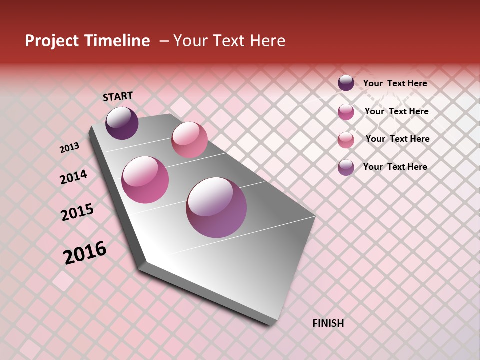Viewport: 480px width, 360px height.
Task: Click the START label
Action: tap(118, 96)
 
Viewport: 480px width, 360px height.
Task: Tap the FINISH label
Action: tap(328, 323)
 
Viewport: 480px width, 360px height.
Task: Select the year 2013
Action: tap(69, 147)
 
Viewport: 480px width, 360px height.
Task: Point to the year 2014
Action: tap(73, 177)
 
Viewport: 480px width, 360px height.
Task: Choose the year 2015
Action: tap(77, 212)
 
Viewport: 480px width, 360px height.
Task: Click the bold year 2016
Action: tap(85, 253)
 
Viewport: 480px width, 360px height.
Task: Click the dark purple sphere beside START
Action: tap(122, 123)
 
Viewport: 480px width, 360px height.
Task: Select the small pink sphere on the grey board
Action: tap(189, 140)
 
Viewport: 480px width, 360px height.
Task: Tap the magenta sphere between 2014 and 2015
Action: tap(145, 180)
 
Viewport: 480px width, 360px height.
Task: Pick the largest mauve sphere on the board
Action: tap(216, 207)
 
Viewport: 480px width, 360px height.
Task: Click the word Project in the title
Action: tap(52, 41)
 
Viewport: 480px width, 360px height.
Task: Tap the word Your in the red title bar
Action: tap(190, 41)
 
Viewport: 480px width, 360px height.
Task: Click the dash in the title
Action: tap(163, 41)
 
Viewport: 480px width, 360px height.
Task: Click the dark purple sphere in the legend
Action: tap(346, 83)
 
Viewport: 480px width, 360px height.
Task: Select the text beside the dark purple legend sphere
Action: tap(395, 83)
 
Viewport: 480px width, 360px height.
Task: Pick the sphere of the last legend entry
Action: tap(346, 167)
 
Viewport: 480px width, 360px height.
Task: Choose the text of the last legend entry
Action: tap(395, 167)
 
